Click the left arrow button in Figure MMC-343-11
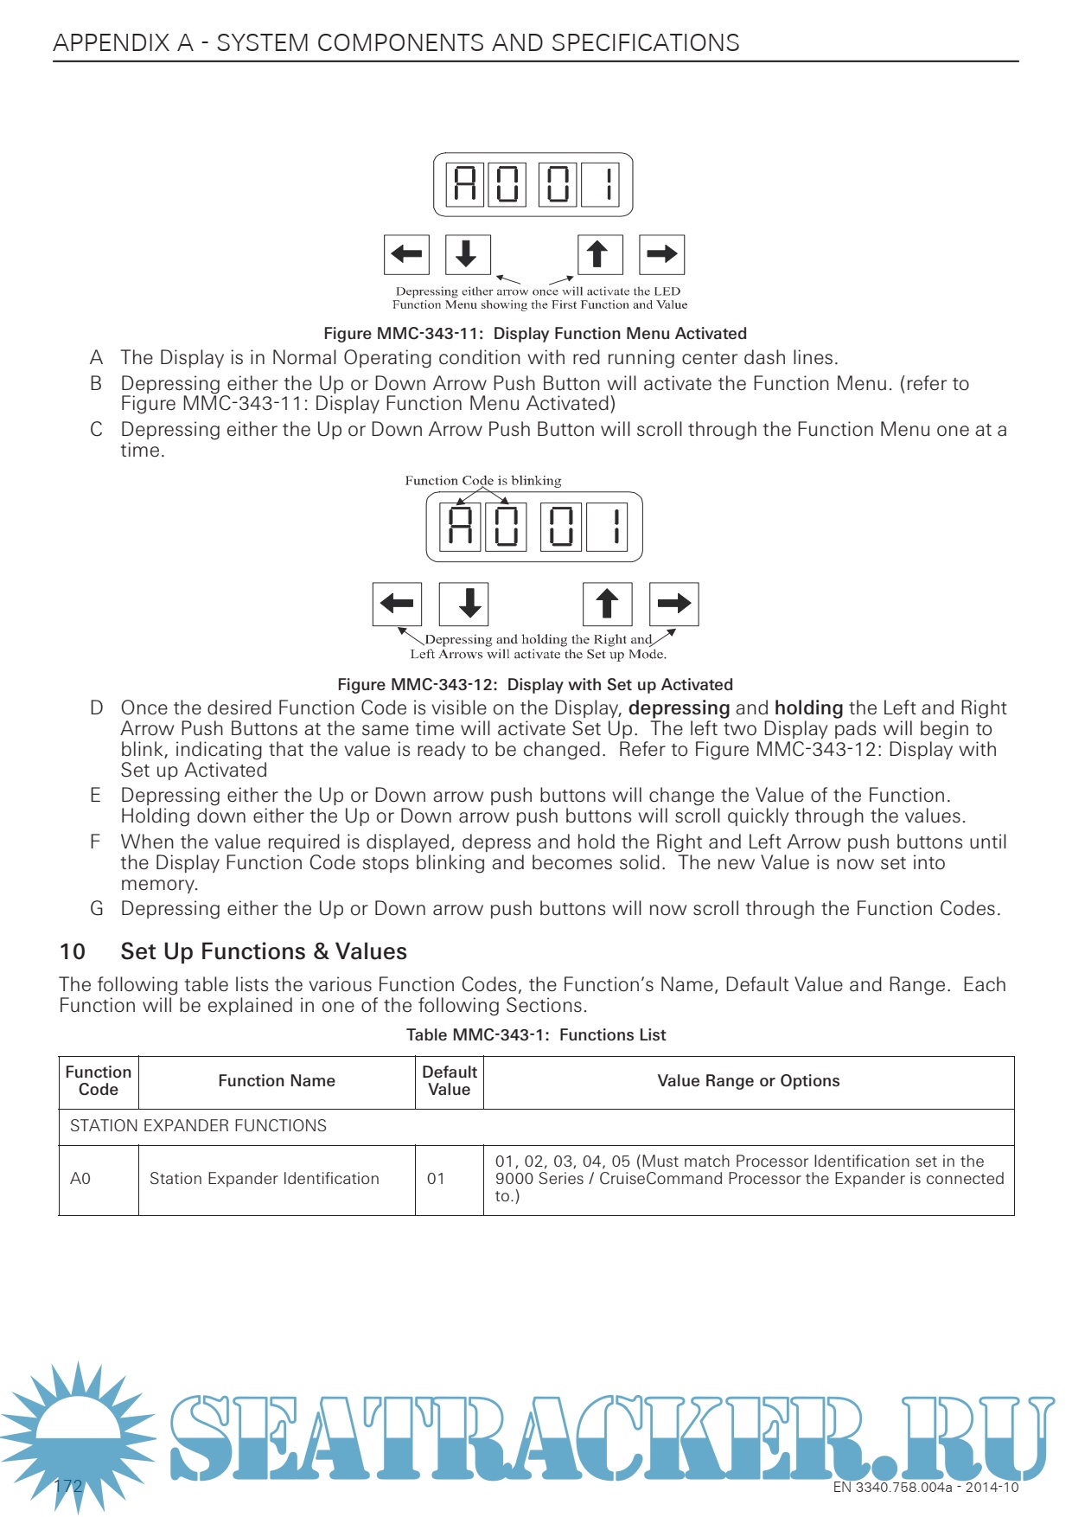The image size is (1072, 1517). (406, 254)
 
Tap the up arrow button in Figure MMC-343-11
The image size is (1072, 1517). (600, 254)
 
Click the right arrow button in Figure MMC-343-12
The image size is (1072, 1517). (673, 604)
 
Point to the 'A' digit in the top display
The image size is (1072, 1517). (465, 184)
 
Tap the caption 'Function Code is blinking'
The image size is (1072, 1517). (482, 481)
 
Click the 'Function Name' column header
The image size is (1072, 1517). (277, 1081)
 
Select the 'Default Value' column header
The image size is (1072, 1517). (450, 1081)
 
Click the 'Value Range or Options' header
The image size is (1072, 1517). (748, 1081)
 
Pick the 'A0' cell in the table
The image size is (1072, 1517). (80, 1179)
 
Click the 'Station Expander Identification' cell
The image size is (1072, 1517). (264, 1179)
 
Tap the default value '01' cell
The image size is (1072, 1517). (436, 1179)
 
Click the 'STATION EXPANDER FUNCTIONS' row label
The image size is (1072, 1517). (198, 1126)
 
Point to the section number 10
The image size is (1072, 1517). (73, 952)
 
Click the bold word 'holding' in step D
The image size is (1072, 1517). (808, 708)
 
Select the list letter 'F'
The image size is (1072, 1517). (95, 842)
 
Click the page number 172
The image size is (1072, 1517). (68, 1487)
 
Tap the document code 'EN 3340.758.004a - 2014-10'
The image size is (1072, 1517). (925, 1488)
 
